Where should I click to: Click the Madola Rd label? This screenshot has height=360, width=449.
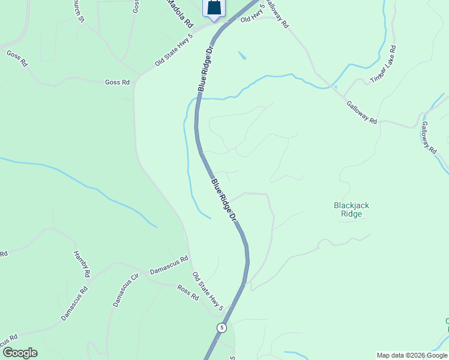(179, 14)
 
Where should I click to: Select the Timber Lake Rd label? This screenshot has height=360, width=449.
(383, 64)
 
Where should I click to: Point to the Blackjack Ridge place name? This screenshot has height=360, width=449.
(351, 209)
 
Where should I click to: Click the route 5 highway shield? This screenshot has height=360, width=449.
(222, 328)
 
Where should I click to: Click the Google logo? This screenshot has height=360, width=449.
(19, 353)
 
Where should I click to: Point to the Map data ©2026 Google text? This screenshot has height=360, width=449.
(412, 355)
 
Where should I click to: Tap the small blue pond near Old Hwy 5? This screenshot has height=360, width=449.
(242, 56)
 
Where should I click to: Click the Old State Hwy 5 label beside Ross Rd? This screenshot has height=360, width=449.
(208, 291)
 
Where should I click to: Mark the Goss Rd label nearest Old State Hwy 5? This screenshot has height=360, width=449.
(117, 82)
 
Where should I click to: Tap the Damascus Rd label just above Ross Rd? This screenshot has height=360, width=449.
(169, 266)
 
